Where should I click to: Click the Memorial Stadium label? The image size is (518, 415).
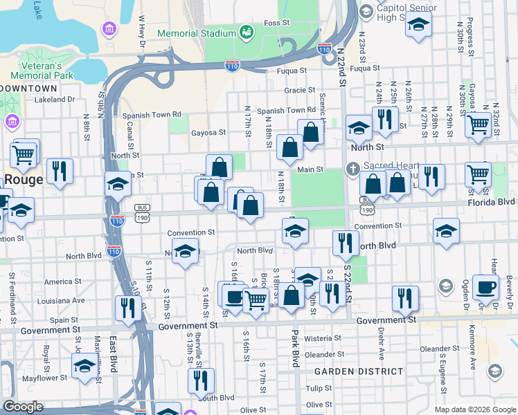point(196,33)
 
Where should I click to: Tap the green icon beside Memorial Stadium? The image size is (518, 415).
point(246,33)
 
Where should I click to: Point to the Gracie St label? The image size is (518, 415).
point(299,90)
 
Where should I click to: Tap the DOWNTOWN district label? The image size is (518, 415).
point(28,89)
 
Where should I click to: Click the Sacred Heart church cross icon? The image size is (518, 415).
point(352,169)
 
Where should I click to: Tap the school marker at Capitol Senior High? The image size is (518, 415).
point(419,25)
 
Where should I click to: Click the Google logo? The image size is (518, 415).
point(24,407)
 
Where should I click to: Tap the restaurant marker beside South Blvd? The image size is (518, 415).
point(202,380)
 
